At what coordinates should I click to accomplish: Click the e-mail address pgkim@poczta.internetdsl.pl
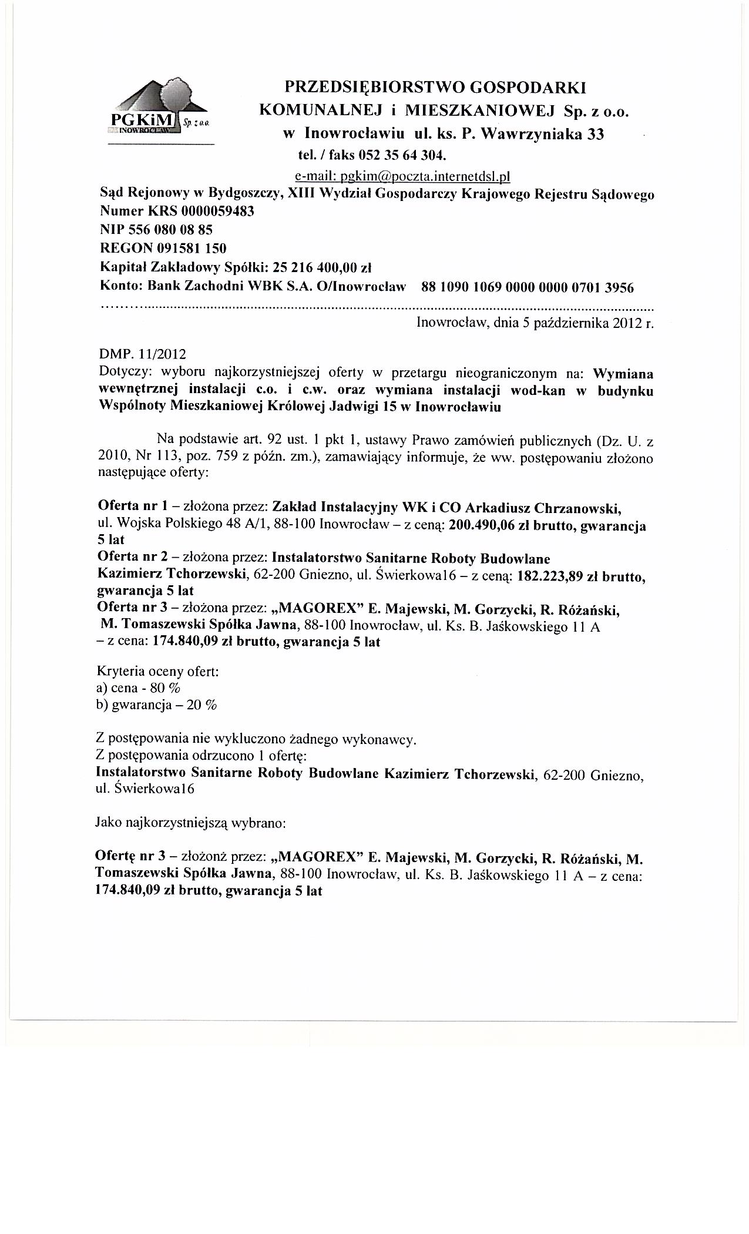click(403, 176)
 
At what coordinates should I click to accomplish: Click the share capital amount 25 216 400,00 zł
click(324, 268)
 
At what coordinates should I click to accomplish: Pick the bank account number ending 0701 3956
click(528, 287)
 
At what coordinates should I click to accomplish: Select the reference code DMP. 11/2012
click(143, 354)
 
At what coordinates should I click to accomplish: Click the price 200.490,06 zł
click(484, 526)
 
